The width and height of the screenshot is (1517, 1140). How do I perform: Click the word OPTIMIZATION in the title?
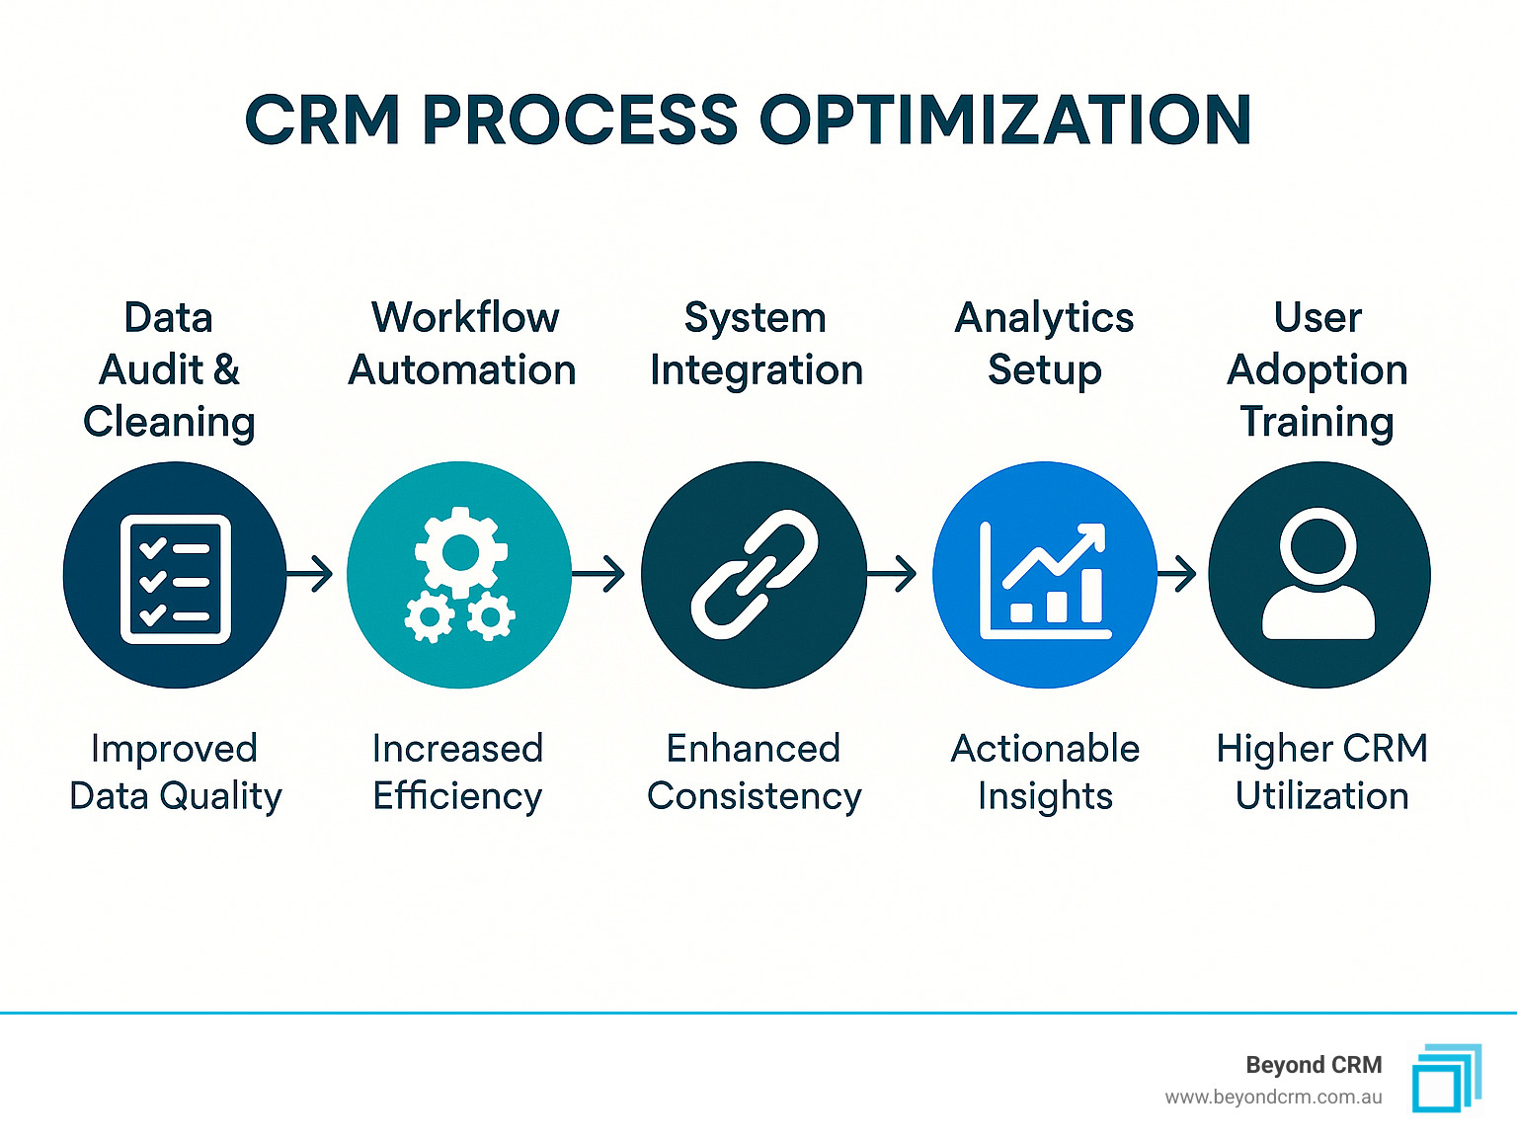[x=1005, y=120]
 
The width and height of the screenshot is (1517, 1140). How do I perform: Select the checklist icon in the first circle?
[x=176, y=579]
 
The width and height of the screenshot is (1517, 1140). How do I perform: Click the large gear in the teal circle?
[x=461, y=552]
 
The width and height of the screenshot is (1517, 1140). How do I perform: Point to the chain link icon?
[x=755, y=575]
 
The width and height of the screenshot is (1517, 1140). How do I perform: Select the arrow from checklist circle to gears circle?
[x=309, y=573]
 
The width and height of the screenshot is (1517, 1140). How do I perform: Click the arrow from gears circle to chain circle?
[x=599, y=573]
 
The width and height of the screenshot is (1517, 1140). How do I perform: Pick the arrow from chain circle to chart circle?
[x=892, y=573]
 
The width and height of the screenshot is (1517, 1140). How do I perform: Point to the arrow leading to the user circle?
[x=1177, y=573]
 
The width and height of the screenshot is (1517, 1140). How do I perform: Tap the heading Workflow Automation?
[x=462, y=344]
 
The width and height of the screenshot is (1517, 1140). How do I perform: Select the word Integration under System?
[x=757, y=369]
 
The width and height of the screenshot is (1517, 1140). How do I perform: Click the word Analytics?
[x=1044, y=319]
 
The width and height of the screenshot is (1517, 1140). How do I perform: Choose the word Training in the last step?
[x=1317, y=422]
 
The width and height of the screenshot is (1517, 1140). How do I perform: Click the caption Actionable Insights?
[x=1045, y=772]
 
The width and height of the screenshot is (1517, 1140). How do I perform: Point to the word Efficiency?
[x=457, y=795]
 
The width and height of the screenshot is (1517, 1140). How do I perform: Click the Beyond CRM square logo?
[x=1447, y=1079]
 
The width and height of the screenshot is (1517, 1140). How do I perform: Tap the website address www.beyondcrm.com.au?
[x=1274, y=1098]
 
